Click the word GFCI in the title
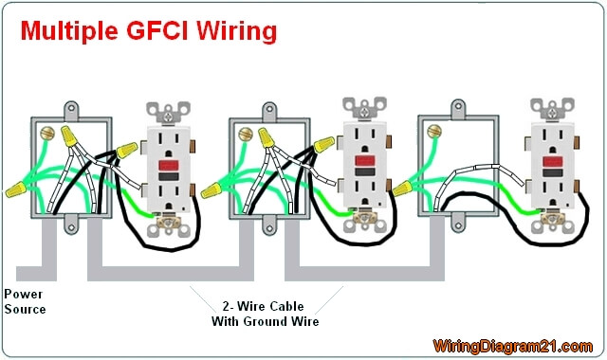click(x=156, y=30)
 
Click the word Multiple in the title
click(x=69, y=32)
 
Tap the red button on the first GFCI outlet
click(x=169, y=166)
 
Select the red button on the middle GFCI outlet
click(x=364, y=161)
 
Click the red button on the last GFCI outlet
click(x=552, y=162)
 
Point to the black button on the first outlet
click(x=169, y=177)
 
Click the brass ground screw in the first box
click(x=47, y=133)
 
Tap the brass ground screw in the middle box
click(x=246, y=135)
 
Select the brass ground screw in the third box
click(x=434, y=132)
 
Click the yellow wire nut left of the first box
click(x=16, y=189)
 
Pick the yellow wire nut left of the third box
click(x=402, y=189)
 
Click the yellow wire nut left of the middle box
click(x=212, y=190)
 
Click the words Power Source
click(x=25, y=301)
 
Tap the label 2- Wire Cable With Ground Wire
click(x=266, y=314)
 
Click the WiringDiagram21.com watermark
click(x=512, y=346)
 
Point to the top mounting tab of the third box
click(x=458, y=108)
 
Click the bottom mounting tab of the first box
click(x=70, y=225)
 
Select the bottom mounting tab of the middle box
click(x=269, y=225)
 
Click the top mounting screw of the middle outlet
click(x=364, y=112)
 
